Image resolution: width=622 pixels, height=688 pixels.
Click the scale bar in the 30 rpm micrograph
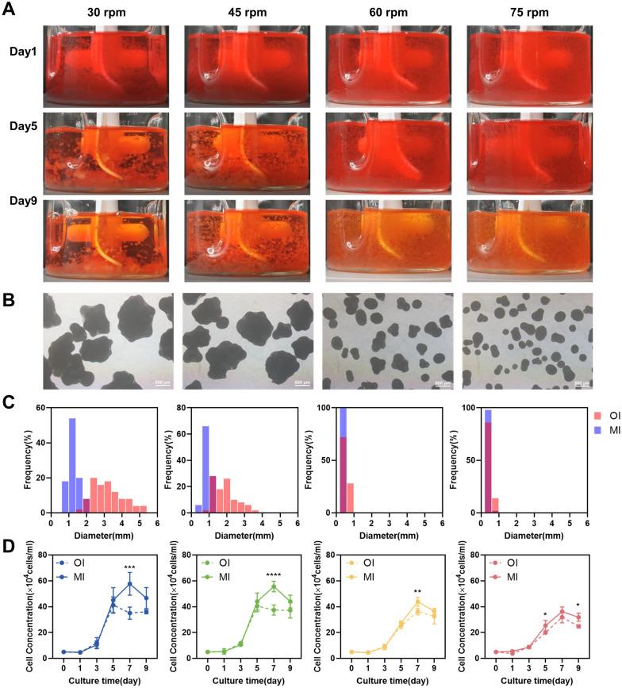[162, 384]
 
